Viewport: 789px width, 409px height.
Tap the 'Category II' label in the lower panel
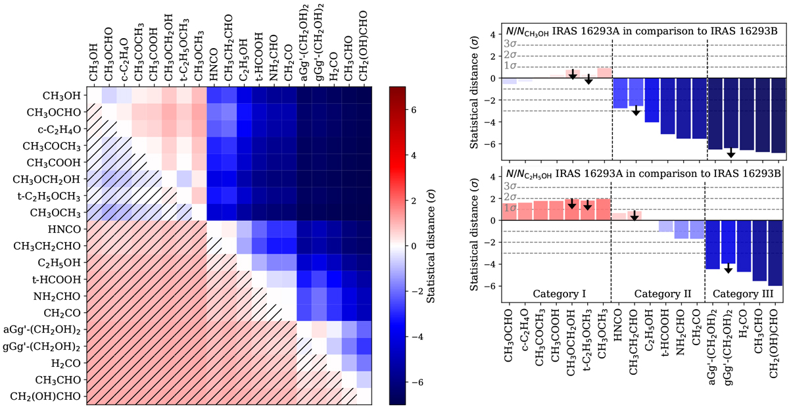659,293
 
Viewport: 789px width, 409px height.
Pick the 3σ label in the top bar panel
510,44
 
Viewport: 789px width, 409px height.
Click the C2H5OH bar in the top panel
652,100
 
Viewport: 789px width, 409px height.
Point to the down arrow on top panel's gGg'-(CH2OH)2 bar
730,153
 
